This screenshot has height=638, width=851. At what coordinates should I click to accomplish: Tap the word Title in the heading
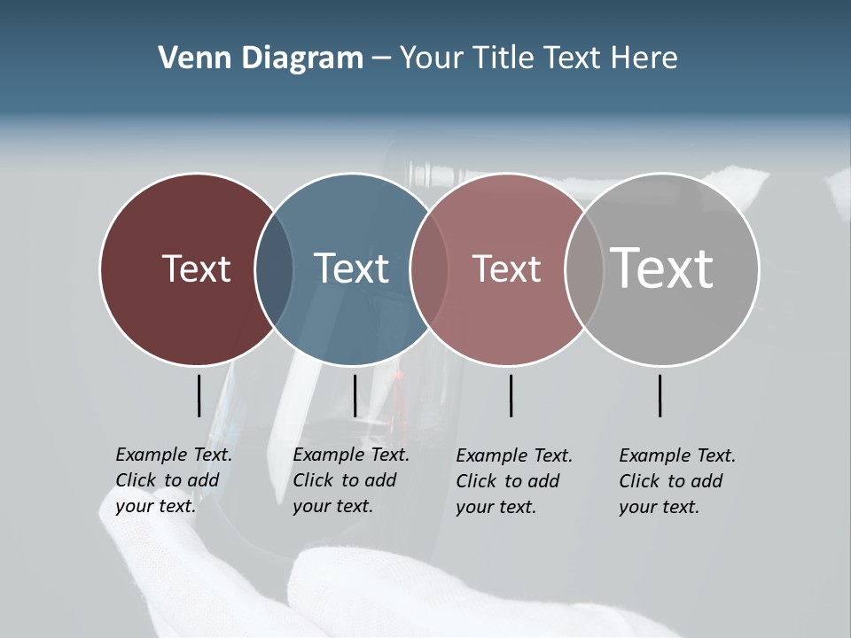(508, 58)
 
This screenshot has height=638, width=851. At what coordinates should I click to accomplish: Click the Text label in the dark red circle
(196, 268)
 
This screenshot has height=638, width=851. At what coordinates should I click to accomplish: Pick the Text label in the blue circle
(352, 268)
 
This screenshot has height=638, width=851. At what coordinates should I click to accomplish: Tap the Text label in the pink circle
(506, 268)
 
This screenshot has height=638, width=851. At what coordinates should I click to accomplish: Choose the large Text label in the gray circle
(662, 268)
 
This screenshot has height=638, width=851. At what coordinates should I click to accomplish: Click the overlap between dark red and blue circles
(274, 269)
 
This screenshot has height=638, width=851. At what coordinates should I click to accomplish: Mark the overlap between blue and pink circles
(429, 269)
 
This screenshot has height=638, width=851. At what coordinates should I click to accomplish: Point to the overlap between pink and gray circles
(584, 269)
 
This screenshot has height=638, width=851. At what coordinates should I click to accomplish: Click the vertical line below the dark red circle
(199, 395)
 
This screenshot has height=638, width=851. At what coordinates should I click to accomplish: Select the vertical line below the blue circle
(355, 395)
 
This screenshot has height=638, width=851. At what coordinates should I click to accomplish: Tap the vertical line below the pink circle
(511, 395)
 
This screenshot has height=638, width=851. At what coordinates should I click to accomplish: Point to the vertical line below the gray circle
(660, 395)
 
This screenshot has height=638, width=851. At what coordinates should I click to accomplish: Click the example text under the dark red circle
(174, 480)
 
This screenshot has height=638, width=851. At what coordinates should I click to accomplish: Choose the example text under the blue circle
(351, 480)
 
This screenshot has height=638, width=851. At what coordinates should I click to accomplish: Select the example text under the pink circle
(514, 481)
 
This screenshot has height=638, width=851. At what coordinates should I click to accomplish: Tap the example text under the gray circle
(677, 481)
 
